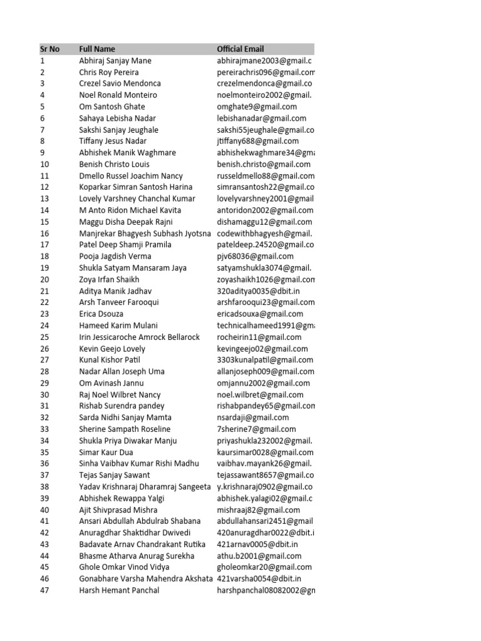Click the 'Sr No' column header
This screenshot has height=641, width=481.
(x=49, y=49)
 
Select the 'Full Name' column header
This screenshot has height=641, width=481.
(x=97, y=49)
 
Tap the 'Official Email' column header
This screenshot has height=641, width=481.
(x=240, y=49)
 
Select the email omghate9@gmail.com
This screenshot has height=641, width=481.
(x=257, y=106)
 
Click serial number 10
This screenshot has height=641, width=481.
(x=44, y=164)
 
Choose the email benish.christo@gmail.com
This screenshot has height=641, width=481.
(x=264, y=164)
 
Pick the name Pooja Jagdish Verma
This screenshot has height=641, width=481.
(x=116, y=256)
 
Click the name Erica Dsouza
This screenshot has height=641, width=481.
(x=101, y=314)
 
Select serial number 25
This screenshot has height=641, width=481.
(x=44, y=337)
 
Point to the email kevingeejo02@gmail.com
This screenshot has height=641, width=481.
(x=262, y=349)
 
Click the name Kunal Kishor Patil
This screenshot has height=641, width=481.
(x=110, y=360)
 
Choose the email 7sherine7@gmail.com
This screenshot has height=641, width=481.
(x=256, y=429)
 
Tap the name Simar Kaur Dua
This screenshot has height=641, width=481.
(x=108, y=452)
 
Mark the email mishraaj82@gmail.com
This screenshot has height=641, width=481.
(x=259, y=510)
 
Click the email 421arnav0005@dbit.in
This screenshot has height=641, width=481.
(x=257, y=544)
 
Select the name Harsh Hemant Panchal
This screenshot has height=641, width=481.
(x=119, y=590)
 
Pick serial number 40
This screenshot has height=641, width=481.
(x=44, y=510)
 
